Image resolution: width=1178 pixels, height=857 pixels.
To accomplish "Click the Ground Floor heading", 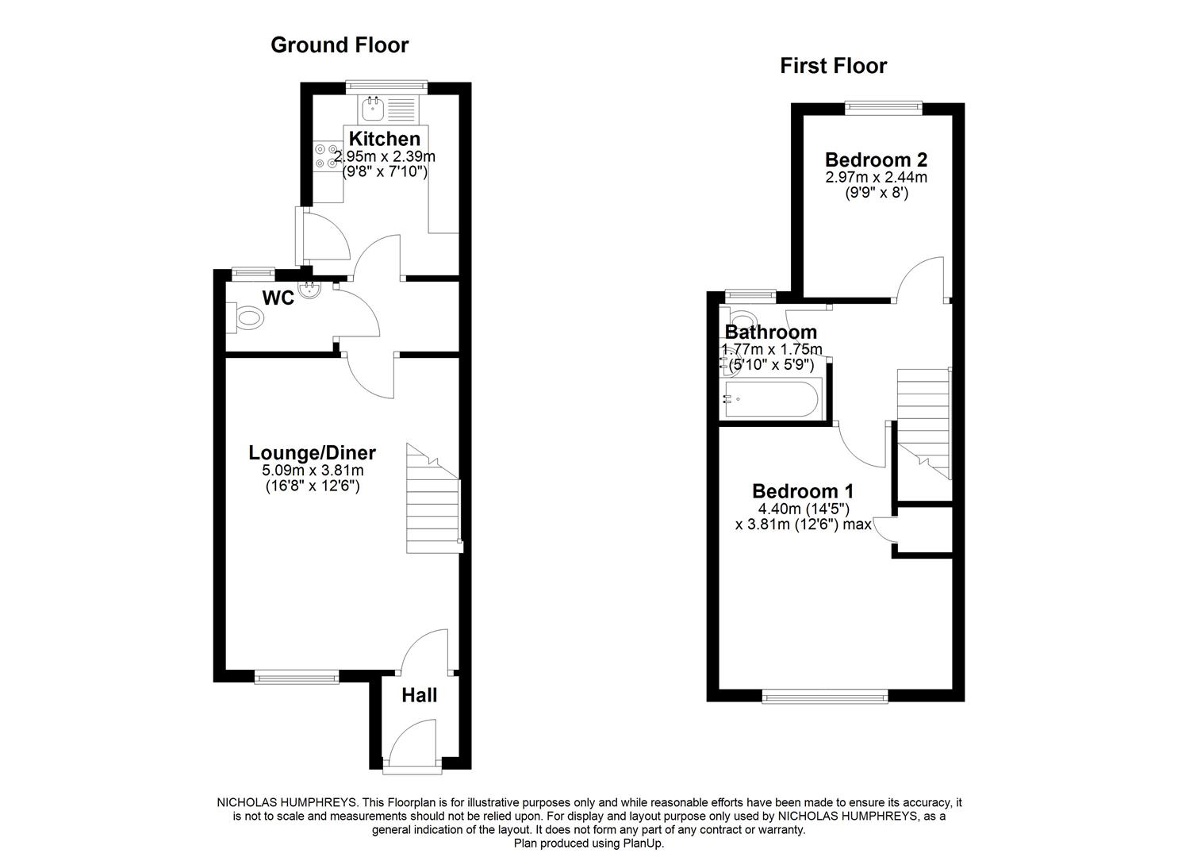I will (340, 44).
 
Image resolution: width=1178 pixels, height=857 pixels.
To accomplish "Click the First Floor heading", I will (833, 65).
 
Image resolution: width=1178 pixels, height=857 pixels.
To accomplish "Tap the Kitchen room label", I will (385, 139).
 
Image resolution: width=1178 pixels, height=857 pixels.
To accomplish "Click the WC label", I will (278, 298).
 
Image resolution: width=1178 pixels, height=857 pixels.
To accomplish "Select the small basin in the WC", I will (310, 291).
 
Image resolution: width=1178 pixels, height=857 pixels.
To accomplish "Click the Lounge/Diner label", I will (312, 452).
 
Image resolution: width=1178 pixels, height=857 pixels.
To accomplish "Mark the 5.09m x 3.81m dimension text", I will (313, 471).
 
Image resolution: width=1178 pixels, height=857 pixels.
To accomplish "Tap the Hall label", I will (419, 696).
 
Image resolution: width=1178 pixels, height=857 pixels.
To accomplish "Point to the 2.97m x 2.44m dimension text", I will (876, 177).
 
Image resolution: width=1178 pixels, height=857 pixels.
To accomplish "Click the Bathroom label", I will (770, 332).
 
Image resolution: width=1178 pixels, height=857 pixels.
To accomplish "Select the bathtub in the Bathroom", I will (771, 398).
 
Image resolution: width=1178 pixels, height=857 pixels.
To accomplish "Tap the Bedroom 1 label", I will (803, 491).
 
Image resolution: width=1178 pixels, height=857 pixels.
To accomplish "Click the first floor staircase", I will (923, 421).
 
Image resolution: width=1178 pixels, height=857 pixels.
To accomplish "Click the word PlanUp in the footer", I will (644, 843).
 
